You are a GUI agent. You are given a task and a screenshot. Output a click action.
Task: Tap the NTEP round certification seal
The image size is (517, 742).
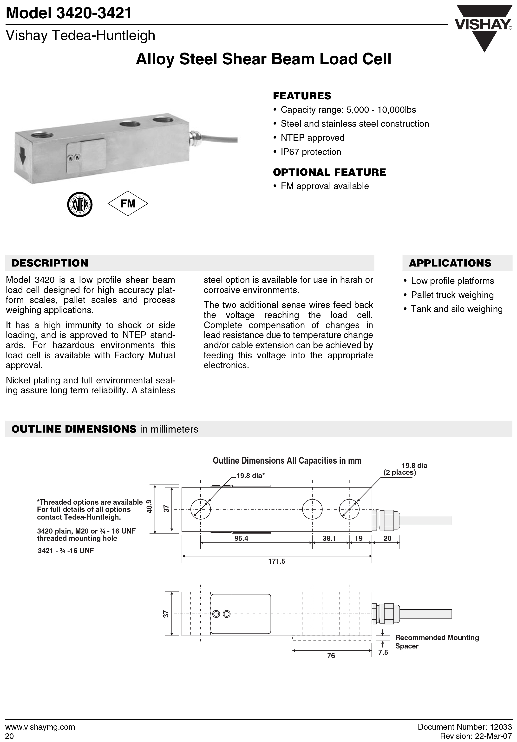point(80,205)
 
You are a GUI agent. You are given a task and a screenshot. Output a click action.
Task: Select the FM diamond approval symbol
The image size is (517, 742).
point(128,204)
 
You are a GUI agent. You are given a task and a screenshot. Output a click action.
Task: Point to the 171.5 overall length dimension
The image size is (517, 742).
point(277,561)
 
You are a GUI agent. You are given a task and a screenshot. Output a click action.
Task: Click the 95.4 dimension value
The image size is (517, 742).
point(241,538)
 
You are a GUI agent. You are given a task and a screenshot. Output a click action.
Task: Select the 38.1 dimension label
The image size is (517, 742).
point(329,538)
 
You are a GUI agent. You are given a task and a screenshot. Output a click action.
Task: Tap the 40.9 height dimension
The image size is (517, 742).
point(149,506)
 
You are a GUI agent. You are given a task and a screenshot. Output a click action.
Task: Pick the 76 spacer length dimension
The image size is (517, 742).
point(331,656)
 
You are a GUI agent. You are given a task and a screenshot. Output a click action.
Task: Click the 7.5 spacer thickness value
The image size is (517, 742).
point(383,653)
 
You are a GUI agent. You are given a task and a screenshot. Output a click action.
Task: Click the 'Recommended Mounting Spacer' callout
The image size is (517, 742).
point(437,642)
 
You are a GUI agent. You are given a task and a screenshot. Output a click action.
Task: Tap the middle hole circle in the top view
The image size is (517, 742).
point(312,509)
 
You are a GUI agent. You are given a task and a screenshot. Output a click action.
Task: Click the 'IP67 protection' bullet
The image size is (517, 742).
point(311,152)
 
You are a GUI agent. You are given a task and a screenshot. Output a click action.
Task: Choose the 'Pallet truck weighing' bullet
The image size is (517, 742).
point(452,295)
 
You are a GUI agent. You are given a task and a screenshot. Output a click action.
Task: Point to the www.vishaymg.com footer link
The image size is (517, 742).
point(40,727)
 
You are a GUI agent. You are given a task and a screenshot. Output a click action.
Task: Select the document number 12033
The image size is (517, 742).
point(501,727)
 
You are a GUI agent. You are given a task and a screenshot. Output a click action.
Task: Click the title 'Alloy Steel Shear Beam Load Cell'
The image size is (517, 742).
point(263,59)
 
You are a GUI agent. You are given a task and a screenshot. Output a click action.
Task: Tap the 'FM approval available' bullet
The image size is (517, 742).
point(325,186)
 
